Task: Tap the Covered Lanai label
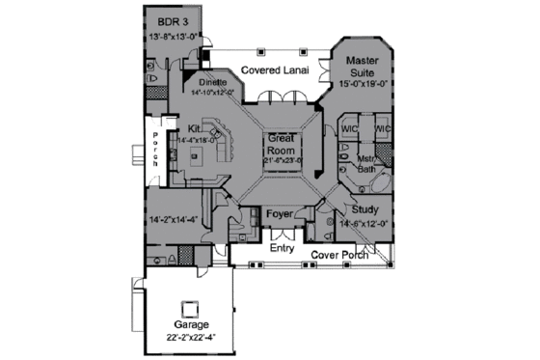tap(275, 70)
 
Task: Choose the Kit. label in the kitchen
tap(195, 128)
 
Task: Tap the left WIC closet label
tap(351, 127)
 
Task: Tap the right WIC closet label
tap(382, 127)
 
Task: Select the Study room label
tap(365, 209)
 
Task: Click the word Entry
tap(282, 248)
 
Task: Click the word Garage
tap(190, 325)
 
